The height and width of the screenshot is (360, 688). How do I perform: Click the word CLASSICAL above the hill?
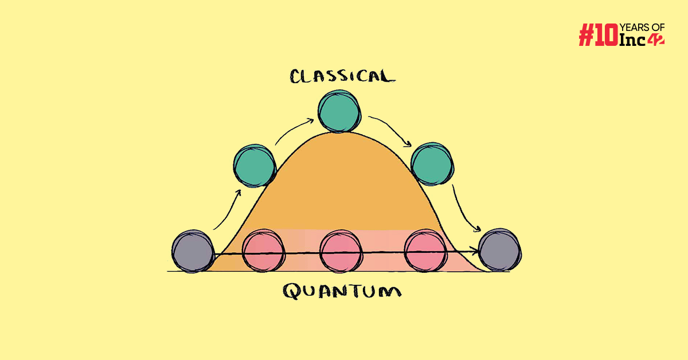(342, 77)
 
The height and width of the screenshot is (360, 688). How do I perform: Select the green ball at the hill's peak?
(340, 112)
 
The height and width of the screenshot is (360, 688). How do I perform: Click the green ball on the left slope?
(255, 165)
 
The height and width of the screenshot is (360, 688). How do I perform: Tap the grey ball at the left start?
(193, 251)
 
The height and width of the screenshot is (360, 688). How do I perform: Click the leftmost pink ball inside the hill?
(263, 251)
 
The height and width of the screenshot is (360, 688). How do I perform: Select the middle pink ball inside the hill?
(341, 251)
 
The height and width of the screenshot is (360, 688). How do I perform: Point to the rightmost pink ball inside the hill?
(425, 251)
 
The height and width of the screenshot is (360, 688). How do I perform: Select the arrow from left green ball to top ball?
(294, 131)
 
